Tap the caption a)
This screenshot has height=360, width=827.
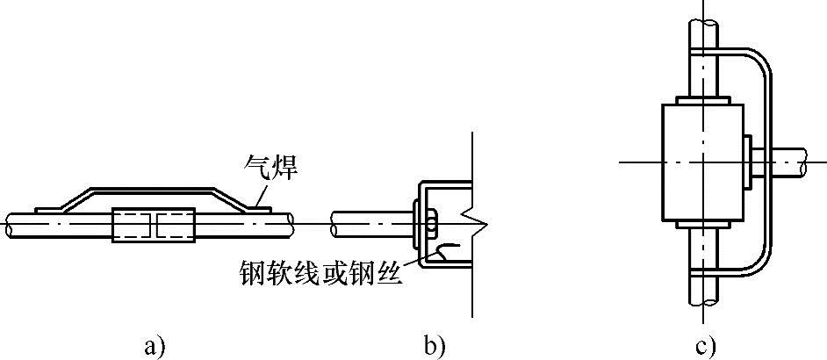[155, 347]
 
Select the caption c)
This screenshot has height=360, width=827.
[706, 347]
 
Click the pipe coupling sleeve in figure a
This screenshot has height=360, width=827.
[154, 225]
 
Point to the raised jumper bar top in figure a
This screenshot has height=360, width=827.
[154, 189]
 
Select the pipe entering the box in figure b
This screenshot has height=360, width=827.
[369, 226]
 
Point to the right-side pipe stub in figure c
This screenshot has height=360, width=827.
[795, 162]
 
